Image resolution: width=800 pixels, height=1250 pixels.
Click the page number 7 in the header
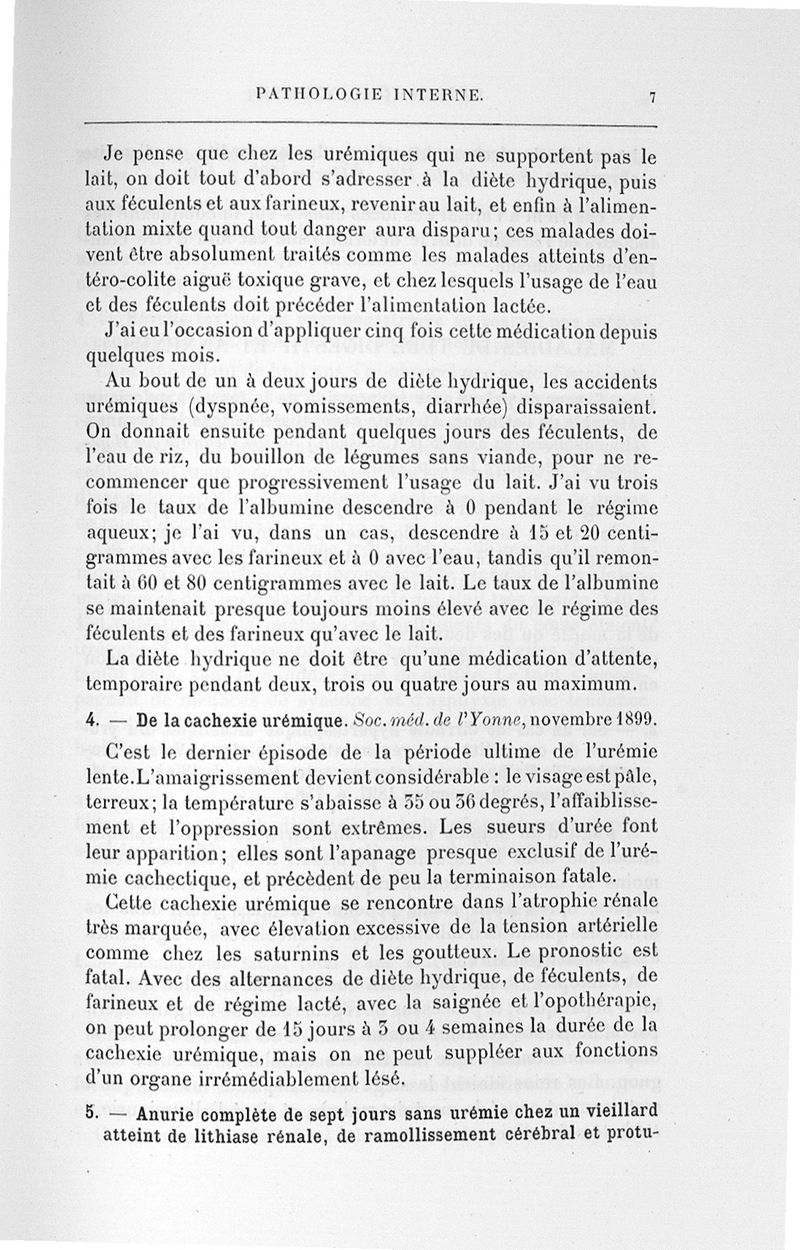tap(651, 97)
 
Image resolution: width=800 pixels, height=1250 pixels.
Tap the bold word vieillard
tap(618, 1111)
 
